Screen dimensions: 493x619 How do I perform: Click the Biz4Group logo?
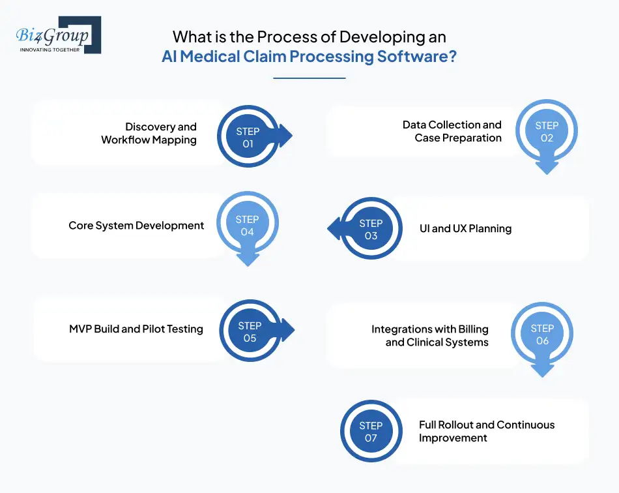(58, 35)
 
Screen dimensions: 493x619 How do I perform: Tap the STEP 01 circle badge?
(248, 137)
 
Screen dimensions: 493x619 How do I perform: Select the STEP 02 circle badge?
(546, 132)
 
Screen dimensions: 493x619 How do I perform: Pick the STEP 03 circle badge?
(371, 229)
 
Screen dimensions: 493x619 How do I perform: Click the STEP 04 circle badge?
(248, 226)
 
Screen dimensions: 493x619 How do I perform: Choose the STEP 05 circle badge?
(250, 331)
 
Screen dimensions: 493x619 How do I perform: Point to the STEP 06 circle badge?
(542, 335)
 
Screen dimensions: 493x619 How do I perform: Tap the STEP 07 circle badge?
(371, 432)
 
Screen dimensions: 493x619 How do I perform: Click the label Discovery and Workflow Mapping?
(149, 133)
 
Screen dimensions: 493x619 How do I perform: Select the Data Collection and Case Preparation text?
(452, 131)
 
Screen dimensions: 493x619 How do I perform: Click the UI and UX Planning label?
(465, 229)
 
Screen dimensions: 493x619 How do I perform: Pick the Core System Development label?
(136, 226)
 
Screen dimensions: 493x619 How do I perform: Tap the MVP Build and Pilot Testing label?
(136, 329)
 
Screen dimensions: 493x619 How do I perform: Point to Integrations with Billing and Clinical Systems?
(430, 335)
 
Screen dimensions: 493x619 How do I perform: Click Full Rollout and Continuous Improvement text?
(486, 431)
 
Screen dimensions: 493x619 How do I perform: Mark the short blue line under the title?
(309, 78)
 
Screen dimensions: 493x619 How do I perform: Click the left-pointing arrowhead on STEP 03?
(334, 228)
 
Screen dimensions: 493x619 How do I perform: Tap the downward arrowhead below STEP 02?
(547, 168)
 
